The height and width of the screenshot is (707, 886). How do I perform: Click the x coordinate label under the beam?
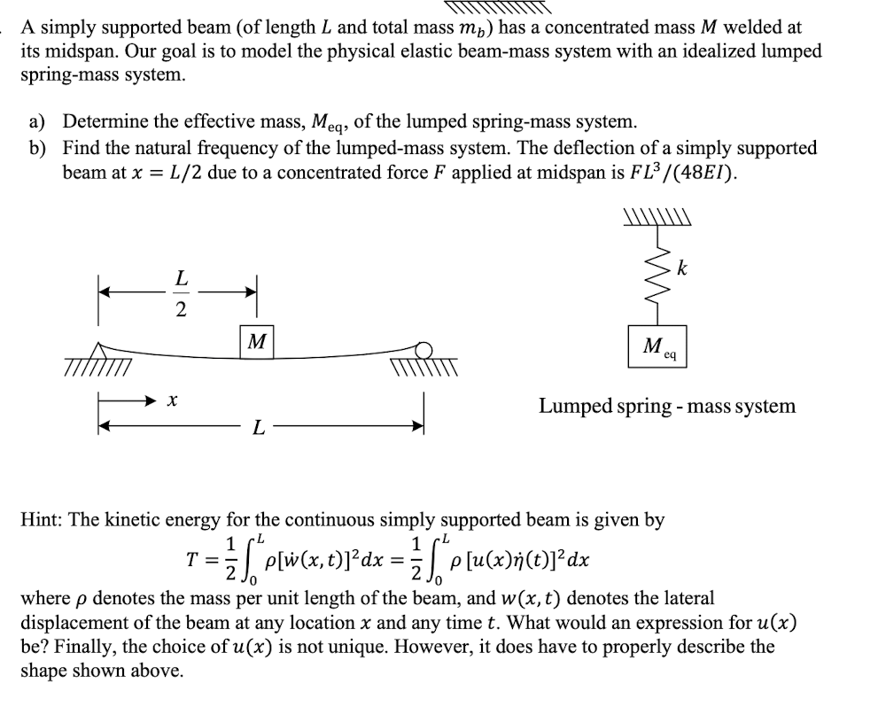click(170, 401)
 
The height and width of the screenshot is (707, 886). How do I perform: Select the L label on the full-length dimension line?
click(258, 429)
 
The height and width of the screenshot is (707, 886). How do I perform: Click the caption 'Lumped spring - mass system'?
click(667, 406)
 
